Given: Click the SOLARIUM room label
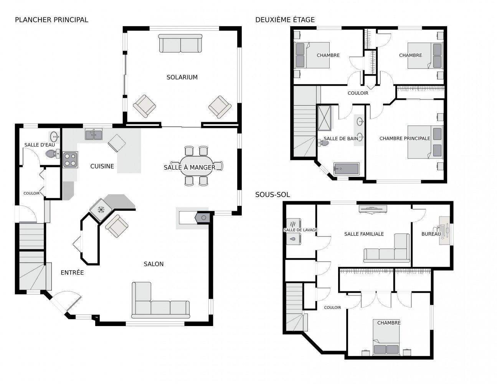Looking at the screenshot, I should click(182, 77).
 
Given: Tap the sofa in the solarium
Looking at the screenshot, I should click(180, 43).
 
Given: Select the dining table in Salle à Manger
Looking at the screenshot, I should click(196, 166).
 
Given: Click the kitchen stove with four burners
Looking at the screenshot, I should click(70, 159).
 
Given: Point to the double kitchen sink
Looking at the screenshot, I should click(94, 134).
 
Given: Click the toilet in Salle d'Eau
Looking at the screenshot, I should click(52, 154).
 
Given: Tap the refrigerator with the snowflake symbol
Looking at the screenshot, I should click(101, 210).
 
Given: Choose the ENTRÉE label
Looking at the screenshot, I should click(72, 273).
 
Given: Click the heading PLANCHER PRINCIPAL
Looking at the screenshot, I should click(51, 20).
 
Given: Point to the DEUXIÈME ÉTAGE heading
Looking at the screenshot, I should click(285, 20).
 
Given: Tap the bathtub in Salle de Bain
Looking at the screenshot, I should click(346, 169).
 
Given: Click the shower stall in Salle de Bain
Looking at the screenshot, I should click(325, 118).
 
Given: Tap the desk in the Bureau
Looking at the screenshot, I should click(444, 230).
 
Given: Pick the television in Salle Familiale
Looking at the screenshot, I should click(373, 209).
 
